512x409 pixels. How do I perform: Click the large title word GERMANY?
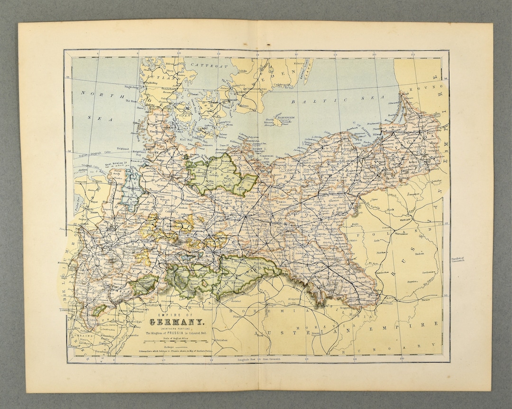177,323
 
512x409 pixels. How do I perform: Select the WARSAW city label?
404,221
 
